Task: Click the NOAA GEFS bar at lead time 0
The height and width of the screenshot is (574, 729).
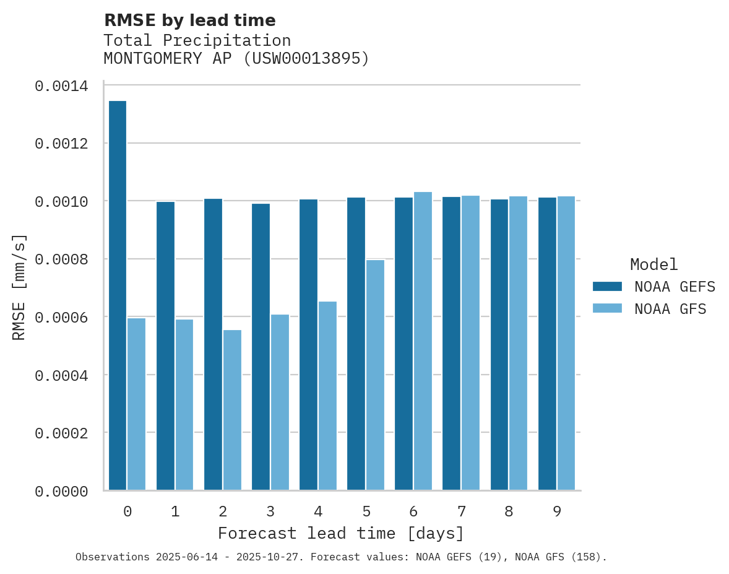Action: (x=118, y=295)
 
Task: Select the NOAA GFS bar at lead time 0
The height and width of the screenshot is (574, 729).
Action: (x=137, y=404)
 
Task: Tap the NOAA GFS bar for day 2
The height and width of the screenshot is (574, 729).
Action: (x=232, y=410)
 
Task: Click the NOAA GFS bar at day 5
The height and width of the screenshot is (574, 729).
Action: (x=375, y=375)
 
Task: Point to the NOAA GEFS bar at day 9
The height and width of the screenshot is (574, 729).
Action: (x=547, y=344)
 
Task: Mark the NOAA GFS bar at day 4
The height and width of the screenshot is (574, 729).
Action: (x=327, y=396)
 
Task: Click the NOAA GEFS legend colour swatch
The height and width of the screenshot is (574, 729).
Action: (x=607, y=286)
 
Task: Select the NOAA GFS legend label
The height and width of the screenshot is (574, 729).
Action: (x=670, y=308)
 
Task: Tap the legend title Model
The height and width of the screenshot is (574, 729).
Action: (x=654, y=264)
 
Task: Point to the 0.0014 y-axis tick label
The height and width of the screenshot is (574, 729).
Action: (x=61, y=86)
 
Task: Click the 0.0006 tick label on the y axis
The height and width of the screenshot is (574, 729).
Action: (x=61, y=317)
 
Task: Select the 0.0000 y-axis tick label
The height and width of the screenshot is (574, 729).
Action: (x=61, y=491)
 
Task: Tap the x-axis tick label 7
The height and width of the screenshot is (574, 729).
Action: (x=462, y=511)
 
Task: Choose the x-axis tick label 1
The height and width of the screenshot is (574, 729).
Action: (x=175, y=511)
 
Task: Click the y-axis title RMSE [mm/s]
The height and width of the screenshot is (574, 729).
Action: (x=19, y=287)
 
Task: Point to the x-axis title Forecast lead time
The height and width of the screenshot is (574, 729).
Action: (x=340, y=533)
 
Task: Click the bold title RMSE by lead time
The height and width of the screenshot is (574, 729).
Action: (x=189, y=20)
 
